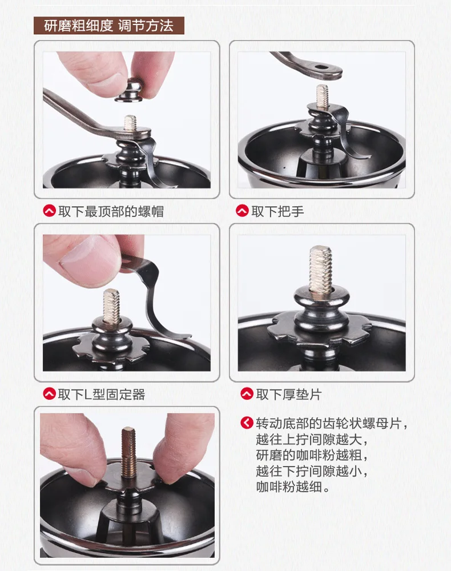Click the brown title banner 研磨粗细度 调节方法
pyautogui.click(x=109, y=26)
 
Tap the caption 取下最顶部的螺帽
pyautogui.click(x=111, y=211)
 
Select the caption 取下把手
pyautogui.click(x=277, y=211)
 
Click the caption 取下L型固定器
pyautogui.click(x=102, y=394)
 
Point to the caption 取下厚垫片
pyautogui.click(x=289, y=394)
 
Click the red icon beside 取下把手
pyautogui.click(x=242, y=211)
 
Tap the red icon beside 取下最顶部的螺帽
pyautogui.click(x=49, y=211)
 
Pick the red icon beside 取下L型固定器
pyautogui.click(x=49, y=393)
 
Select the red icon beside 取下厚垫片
pyautogui.click(x=247, y=393)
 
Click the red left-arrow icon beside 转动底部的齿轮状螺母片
pyautogui.click(x=247, y=423)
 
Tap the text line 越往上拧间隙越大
pyautogui.click(x=312, y=439)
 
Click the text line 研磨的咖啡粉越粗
pyautogui.click(x=312, y=455)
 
